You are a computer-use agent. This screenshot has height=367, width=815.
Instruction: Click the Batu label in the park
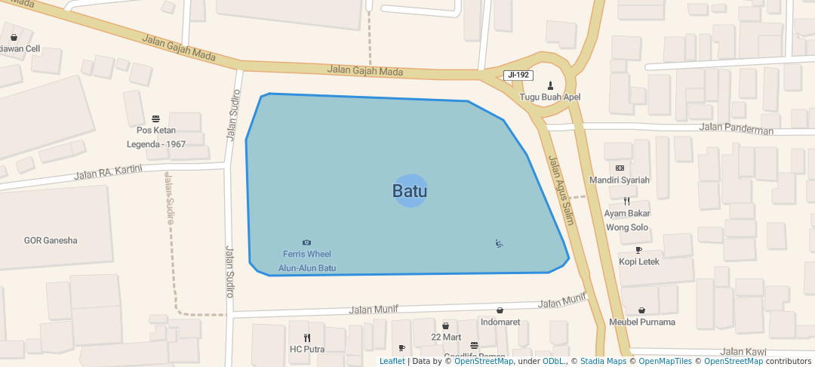(x=410, y=191)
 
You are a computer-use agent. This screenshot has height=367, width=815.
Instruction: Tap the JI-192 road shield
(x=518, y=75)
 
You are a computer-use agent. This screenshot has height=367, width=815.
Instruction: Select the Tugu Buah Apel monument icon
(x=551, y=85)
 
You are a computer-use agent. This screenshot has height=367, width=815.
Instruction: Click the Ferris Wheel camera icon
(x=307, y=242)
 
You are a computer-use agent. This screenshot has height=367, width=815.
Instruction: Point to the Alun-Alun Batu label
(x=307, y=268)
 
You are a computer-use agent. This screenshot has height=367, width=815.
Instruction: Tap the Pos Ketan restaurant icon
(x=156, y=119)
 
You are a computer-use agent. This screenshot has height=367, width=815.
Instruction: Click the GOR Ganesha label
(x=51, y=241)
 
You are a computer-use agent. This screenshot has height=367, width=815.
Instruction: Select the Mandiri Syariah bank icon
(x=620, y=168)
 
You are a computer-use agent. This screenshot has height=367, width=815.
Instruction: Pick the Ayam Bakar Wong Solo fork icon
(x=626, y=201)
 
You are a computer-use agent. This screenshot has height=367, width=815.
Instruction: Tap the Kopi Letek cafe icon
(x=638, y=250)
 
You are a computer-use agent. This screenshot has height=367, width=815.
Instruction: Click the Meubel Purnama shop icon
(x=641, y=310)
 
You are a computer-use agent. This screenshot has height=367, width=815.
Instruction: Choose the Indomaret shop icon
(x=500, y=310)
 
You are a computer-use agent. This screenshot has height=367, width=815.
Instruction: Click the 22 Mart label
(x=446, y=337)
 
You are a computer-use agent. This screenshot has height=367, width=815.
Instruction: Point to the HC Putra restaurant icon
(x=307, y=338)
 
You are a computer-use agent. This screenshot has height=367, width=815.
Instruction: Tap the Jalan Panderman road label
(x=736, y=128)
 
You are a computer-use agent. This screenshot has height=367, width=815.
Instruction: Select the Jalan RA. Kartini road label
(x=109, y=173)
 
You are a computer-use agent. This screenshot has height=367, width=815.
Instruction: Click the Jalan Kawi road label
(x=743, y=352)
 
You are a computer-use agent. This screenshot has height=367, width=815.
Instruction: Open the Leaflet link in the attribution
(x=392, y=361)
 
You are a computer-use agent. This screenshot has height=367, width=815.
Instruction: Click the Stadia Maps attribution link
(x=601, y=361)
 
